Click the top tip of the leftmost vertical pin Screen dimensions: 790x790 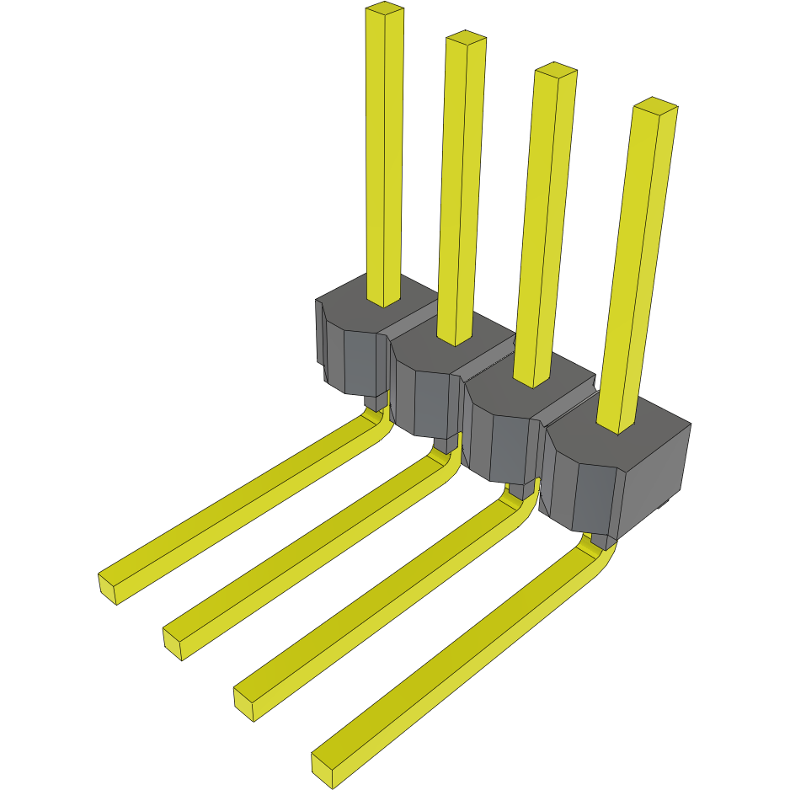(x=385, y=10)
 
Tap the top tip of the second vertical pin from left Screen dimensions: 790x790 (x=466, y=37)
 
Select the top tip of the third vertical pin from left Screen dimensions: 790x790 (x=556, y=70)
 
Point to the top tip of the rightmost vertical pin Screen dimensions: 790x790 (x=655, y=105)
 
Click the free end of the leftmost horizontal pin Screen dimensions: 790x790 (x=107, y=587)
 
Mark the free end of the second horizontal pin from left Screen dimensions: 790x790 (x=172, y=644)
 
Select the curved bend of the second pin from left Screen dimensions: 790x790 (x=449, y=461)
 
